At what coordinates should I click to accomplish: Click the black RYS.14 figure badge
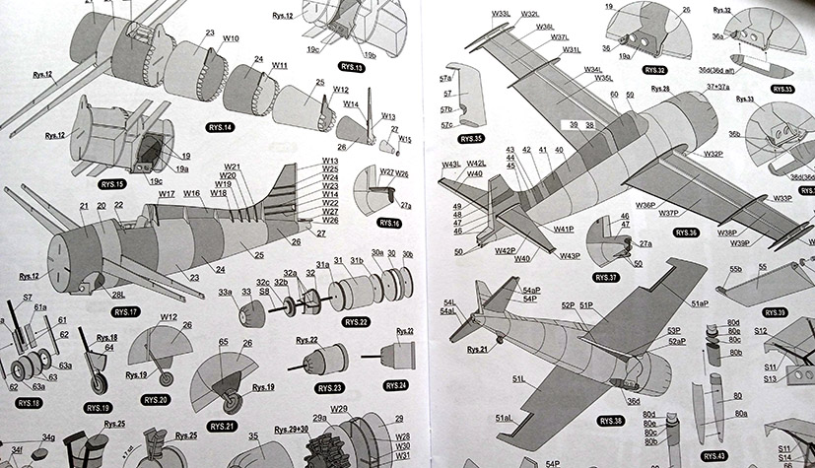click(220, 127)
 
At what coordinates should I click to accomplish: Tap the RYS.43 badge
click(713, 456)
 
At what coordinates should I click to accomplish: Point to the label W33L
click(474, 14)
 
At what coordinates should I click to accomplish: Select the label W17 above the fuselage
click(167, 195)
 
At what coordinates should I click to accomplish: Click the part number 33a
click(225, 292)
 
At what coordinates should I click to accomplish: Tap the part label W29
click(339, 409)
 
